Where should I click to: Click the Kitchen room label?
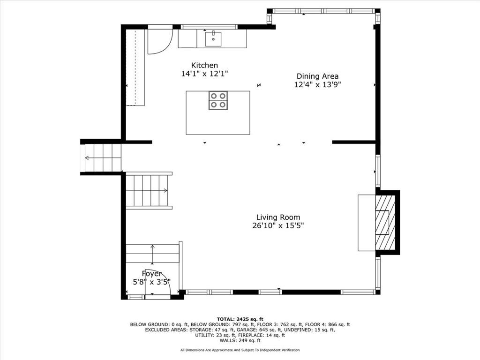coord(204,65)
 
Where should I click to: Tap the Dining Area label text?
coord(317,76)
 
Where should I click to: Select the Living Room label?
coord(278,217)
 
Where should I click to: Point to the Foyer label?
coord(151,274)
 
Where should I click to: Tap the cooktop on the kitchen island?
coord(218,100)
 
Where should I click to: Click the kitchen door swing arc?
coord(158,41)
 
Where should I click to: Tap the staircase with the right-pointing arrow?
coord(147,190)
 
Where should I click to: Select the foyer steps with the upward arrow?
coord(152,254)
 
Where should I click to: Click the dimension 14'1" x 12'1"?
coord(204,74)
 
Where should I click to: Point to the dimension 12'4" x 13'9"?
coord(317,85)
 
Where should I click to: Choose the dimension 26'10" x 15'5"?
coord(278,225)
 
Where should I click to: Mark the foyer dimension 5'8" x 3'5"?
coord(151,282)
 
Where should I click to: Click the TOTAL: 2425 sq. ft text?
coord(240,319)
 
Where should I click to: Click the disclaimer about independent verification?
coord(240,350)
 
